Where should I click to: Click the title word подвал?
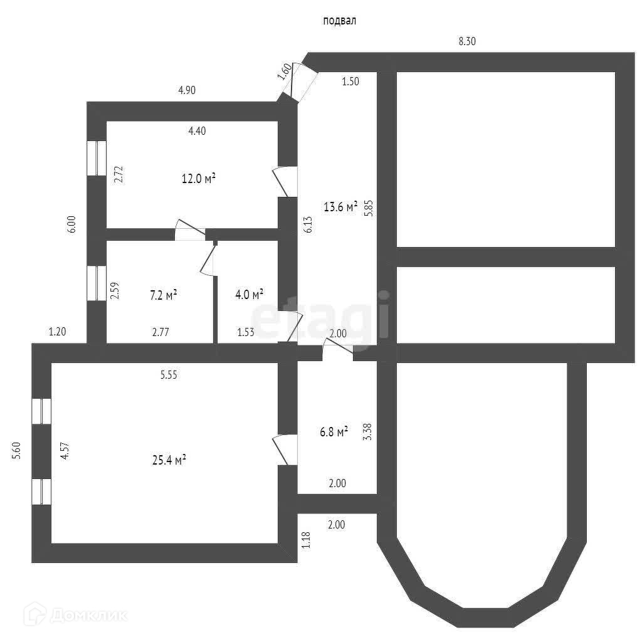coord(339,21)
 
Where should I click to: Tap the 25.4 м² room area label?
coord(167,461)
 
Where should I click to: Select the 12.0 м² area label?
coord(199,179)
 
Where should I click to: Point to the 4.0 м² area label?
coord(248,293)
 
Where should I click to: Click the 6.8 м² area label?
coord(334,432)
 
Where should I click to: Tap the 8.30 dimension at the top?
coord(468,41)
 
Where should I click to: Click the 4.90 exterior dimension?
coord(187,90)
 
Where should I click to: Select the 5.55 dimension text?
coord(169,376)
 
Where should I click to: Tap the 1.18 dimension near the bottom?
coord(306,540)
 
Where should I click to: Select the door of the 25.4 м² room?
coord(285,449)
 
